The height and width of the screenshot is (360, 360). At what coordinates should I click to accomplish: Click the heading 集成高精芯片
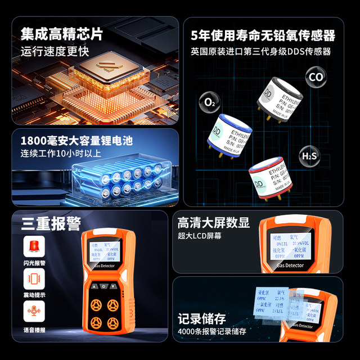62,34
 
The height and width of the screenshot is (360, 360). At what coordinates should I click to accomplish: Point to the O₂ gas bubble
209,103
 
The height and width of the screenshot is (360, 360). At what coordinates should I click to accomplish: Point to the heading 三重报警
51,224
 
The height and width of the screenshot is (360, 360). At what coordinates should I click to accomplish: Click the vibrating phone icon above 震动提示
35,280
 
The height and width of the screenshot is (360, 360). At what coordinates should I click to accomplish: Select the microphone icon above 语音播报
35,311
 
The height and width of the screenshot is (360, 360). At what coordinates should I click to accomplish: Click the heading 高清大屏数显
213,222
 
